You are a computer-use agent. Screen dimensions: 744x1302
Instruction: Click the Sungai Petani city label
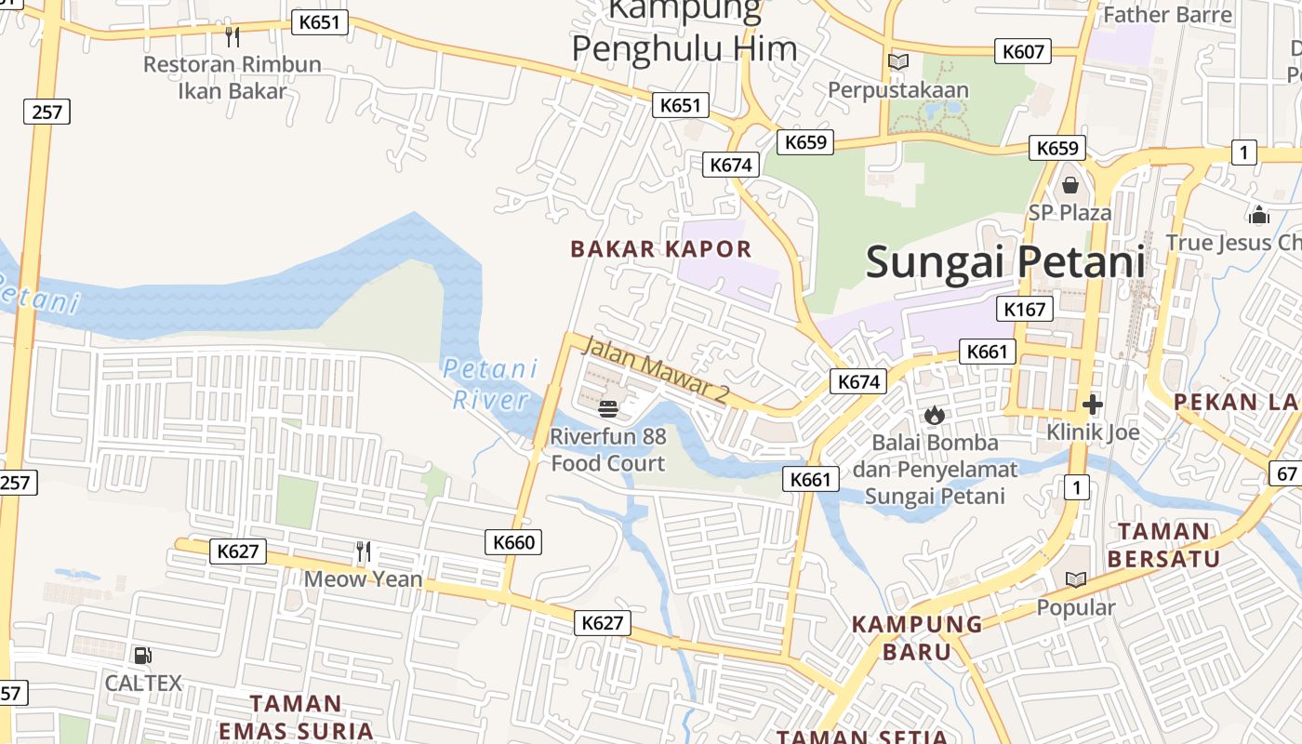(x=1004, y=262)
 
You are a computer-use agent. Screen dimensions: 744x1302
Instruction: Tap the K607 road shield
(x=1023, y=52)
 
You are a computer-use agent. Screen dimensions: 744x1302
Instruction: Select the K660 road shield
(x=513, y=542)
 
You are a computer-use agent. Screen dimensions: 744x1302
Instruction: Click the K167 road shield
(x=1025, y=309)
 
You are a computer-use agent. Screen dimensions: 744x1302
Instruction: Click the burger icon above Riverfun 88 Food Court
(x=608, y=408)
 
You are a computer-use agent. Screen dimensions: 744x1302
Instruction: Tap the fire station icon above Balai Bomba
(x=935, y=415)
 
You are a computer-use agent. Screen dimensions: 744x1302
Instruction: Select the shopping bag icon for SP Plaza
(x=1069, y=185)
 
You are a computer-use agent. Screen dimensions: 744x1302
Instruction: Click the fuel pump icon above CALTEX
(x=142, y=656)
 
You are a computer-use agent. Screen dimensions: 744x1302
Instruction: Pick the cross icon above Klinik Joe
(x=1093, y=405)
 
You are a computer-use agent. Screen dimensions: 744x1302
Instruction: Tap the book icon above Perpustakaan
(x=897, y=62)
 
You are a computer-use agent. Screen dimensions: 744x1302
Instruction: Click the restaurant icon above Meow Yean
(x=364, y=551)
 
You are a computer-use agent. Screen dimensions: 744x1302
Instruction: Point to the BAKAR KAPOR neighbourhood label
(x=660, y=249)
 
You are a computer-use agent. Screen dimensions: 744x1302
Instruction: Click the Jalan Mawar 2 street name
(x=655, y=369)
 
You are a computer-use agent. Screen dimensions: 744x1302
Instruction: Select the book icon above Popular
(x=1076, y=580)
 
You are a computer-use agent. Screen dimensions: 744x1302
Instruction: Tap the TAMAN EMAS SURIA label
(x=296, y=717)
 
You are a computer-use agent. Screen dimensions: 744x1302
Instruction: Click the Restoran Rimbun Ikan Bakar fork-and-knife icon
(x=232, y=37)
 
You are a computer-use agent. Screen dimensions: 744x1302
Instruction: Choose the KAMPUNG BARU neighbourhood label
(x=917, y=637)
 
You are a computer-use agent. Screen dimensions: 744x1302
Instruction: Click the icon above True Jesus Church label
(x=1259, y=216)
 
